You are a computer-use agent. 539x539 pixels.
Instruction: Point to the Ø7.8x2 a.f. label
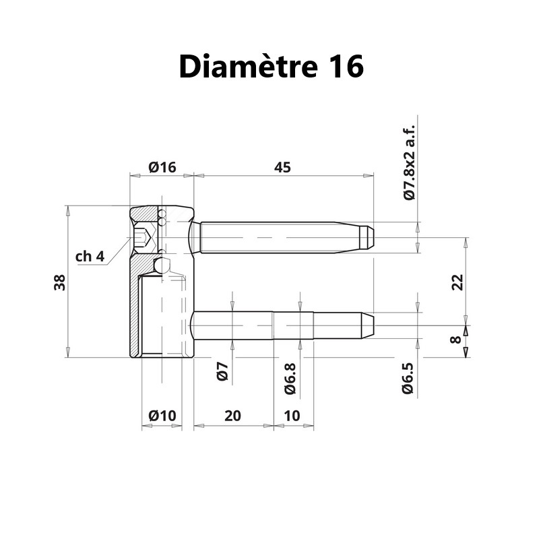pyautogui.click(x=408, y=162)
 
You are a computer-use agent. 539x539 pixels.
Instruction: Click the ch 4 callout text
pyautogui.click(x=90, y=256)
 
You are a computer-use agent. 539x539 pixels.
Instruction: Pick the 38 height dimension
pyautogui.click(x=60, y=282)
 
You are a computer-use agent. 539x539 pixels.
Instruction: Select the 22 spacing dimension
pyautogui.click(x=458, y=282)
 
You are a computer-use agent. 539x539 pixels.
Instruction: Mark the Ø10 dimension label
pyautogui.click(x=162, y=416)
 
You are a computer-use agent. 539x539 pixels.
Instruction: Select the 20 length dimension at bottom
pyautogui.click(x=232, y=416)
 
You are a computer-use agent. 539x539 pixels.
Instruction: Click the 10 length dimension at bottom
pyautogui.click(x=293, y=416)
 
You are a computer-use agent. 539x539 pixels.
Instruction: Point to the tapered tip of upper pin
pyautogui.click(x=367, y=237)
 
